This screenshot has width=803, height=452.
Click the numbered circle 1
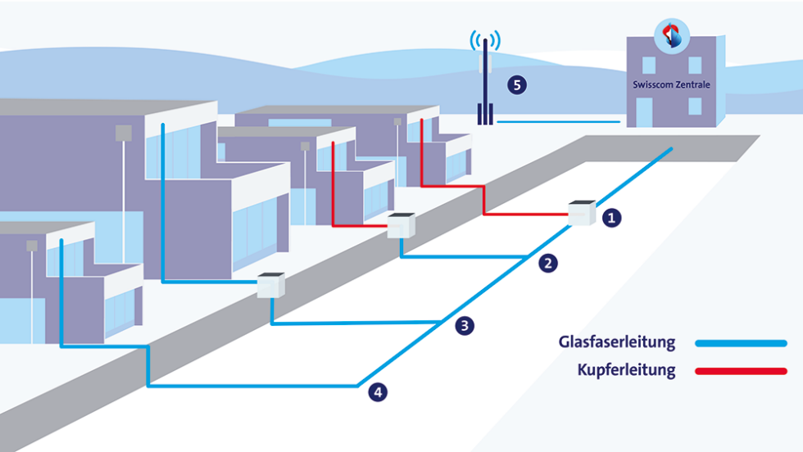611,218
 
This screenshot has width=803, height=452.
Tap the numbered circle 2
549,264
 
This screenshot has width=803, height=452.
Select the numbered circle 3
464,326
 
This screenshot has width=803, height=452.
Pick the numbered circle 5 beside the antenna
516,84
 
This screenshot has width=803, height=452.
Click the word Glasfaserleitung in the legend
617,341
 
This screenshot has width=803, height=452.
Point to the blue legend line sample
741,343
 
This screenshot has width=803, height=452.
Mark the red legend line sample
741,372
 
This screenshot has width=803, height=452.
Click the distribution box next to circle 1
582,212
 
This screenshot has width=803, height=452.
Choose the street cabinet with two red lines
401,225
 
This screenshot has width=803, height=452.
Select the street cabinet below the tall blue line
270,284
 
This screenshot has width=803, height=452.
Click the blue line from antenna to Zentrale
557,122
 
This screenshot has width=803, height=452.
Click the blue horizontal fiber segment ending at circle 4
254,385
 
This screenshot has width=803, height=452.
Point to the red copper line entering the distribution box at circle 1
524,215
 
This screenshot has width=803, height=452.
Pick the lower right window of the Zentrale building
695,106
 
